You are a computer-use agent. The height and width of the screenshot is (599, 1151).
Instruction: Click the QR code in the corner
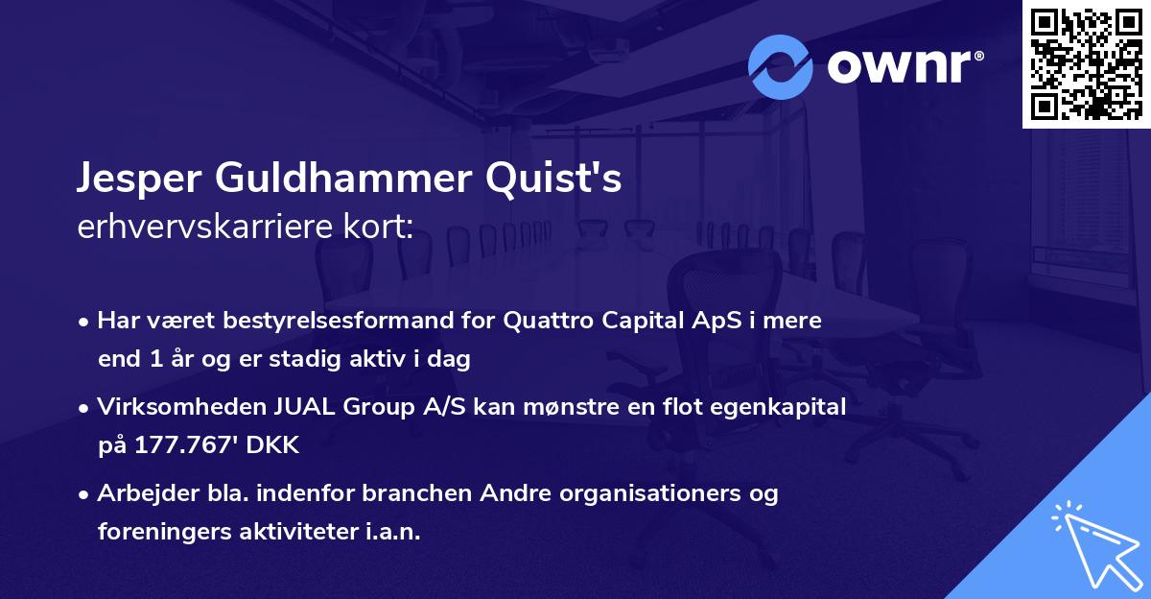pyautogui.click(x=1087, y=64)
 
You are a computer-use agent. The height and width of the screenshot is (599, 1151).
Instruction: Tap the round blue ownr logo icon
pyautogui.click(x=781, y=66)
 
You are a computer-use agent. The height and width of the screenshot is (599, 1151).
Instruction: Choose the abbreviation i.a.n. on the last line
pyautogui.click(x=390, y=531)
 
